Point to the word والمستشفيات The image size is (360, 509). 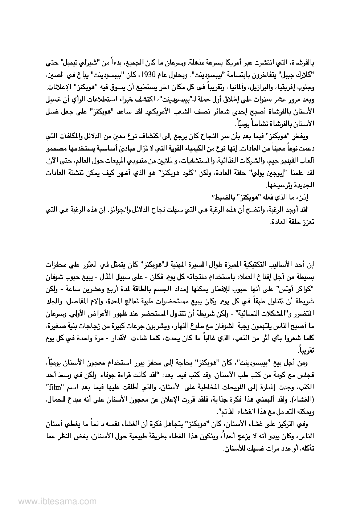coord(193,161)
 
